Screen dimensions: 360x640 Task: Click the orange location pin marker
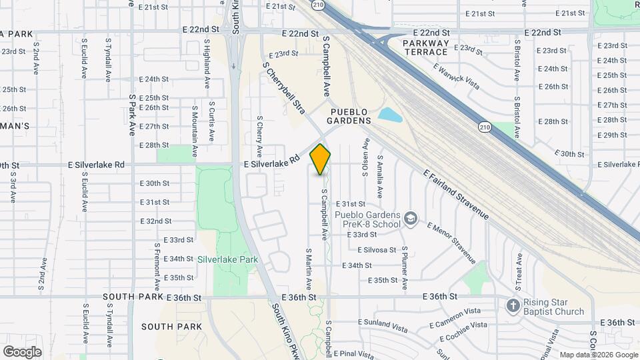point(321,159)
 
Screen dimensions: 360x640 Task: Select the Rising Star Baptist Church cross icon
point(513,306)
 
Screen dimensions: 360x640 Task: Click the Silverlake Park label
point(227,259)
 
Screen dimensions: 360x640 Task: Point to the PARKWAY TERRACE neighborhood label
point(425,47)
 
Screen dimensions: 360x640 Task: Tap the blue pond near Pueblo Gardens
point(390,115)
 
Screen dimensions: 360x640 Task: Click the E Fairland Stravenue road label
point(457,195)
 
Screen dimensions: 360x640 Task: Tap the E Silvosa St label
point(377,250)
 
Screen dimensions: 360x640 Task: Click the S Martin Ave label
point(309,268)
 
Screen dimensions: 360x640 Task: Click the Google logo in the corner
point(22,351)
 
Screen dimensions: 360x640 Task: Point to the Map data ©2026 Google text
point(599,355)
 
